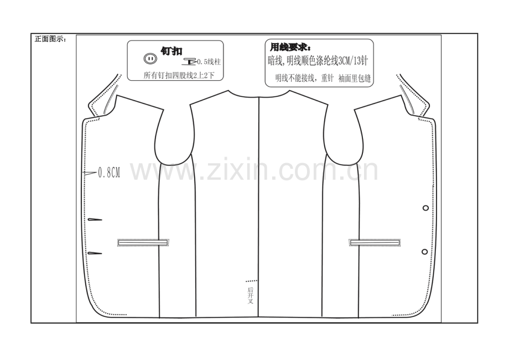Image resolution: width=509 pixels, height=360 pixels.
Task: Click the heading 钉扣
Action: click(x=172, y=51)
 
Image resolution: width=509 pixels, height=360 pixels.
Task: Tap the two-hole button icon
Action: click(x=150, y=59)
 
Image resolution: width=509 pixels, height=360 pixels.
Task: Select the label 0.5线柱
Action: click(x=209, y=61)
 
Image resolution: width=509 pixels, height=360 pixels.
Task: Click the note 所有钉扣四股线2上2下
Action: click(x=179, y=75)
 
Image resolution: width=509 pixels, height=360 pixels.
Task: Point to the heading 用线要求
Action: click(x=290, y=48)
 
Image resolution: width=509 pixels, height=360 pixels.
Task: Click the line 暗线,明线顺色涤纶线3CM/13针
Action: click(x=318, y=61)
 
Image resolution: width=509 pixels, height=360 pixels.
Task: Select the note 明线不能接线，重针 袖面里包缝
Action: click(x=323, y=78)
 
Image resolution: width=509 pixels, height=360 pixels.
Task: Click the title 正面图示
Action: click(x=50, y=39)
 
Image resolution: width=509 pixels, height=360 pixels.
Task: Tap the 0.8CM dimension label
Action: click(x=109, y=173)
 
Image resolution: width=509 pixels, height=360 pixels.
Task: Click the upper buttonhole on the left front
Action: click(x=95, y=220)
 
